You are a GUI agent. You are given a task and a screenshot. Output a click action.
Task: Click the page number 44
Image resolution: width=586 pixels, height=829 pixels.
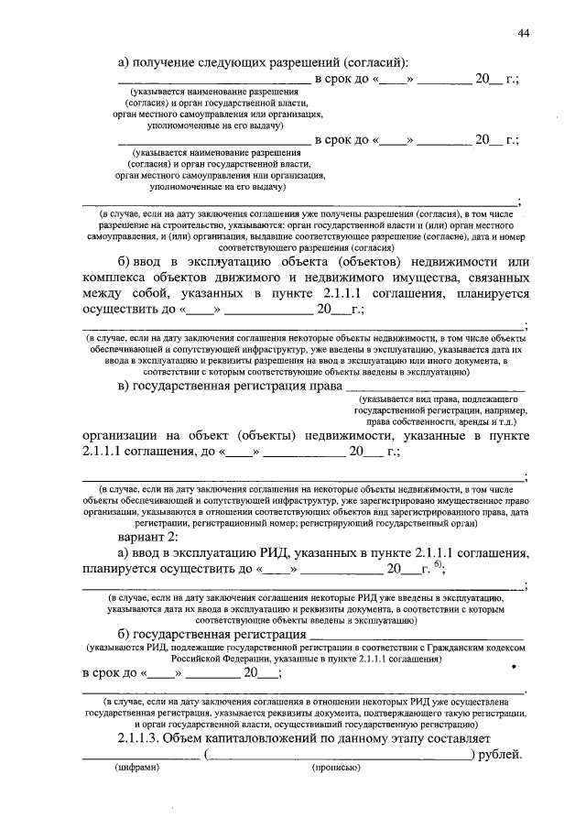click(523, 33)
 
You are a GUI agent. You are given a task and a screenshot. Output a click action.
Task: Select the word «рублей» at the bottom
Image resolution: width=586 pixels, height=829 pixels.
click(500, 755)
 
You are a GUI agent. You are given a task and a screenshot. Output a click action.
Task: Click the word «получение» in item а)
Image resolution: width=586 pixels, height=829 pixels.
click(166, 61)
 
